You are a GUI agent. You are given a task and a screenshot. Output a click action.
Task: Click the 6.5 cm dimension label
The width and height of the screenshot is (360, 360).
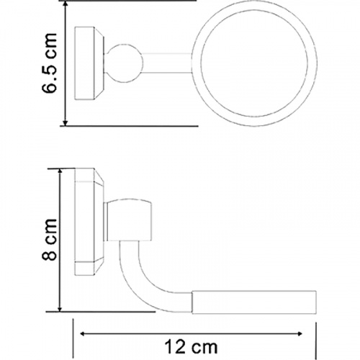pos(50,63)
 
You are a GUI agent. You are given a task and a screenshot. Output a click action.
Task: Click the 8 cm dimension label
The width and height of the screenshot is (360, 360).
pos(50,240)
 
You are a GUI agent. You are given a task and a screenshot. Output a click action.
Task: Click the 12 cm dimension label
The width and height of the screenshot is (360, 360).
pos(191,347)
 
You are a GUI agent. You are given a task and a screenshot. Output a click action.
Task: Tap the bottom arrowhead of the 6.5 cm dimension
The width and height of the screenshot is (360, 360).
pos(65,122)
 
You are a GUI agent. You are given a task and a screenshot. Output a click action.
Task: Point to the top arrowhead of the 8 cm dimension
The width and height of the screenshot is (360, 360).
pos(60,172)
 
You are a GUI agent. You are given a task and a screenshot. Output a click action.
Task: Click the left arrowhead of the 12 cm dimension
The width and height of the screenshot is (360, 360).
pos(83,333)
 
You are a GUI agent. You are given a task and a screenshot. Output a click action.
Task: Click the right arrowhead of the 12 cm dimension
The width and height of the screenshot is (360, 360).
pos(300,333)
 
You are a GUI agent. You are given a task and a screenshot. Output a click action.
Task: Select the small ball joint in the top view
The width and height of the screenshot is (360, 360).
pos(125,63)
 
